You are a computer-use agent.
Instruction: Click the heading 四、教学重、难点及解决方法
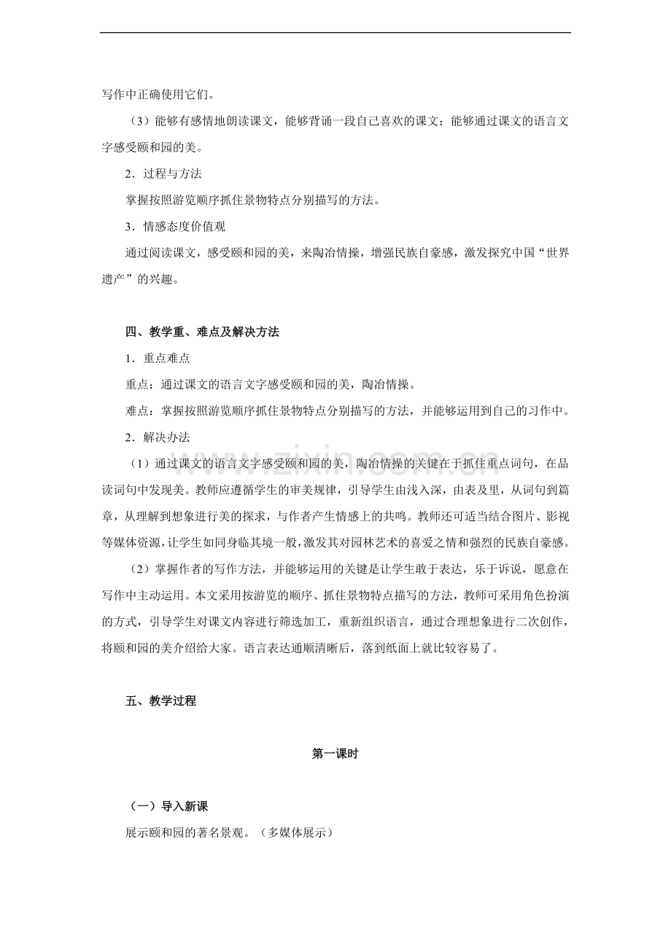(202, 332)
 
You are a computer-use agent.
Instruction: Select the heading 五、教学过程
(160, 701)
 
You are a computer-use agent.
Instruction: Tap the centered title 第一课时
(335, 755)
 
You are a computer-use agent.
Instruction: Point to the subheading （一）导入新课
(168, 807)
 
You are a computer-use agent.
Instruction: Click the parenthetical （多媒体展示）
(296, 832)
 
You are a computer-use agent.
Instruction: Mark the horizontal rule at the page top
(335, 32)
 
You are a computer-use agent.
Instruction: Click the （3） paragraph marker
(138, 121)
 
